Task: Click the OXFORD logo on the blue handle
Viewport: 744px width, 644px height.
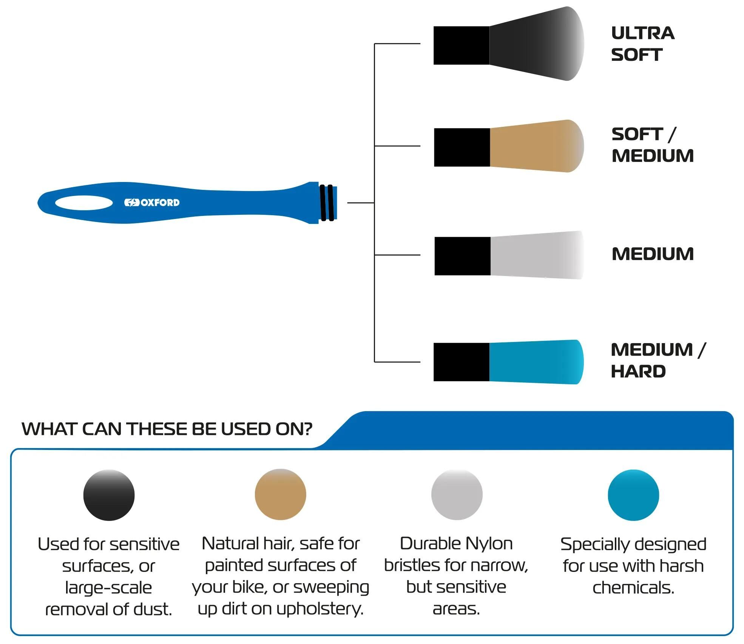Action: (152, 203)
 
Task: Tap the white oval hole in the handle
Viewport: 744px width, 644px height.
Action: (84, 203)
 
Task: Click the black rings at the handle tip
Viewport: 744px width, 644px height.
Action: (327, 203)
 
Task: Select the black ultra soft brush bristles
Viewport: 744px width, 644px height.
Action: (537, 43)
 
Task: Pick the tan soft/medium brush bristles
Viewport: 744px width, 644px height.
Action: (537, 146)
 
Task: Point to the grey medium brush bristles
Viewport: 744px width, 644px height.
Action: (537, 255)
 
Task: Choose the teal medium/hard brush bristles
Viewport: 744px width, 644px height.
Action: (536, 362)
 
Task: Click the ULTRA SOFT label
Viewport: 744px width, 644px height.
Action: (643, 44)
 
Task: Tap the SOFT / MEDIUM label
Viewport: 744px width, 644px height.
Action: (653, 145)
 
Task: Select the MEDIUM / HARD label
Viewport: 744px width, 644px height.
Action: (658, 361)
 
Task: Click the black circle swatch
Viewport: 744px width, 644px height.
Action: (109, 495)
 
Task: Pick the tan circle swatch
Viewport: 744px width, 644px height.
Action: (280, 495)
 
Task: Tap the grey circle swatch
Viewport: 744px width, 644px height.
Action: (457, 495)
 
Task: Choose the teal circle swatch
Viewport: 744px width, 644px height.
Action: (633, 495)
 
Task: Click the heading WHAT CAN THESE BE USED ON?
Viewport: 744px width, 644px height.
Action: (167, 429)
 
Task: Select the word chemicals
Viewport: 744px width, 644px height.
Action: (633, 588)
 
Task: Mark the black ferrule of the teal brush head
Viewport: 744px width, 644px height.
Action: (462, 362)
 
